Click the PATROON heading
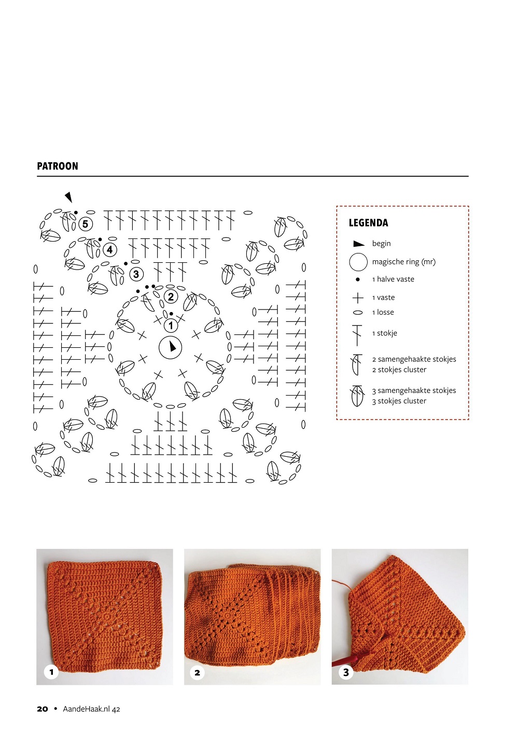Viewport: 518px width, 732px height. point(58,166)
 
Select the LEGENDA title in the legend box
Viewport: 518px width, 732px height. point(368,223)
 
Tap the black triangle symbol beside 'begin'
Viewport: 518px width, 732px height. point(358,244)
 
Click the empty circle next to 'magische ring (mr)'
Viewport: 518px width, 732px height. point(358,262)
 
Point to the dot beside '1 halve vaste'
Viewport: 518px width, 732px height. point(358,279)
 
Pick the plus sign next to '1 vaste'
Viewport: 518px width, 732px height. point(358,298)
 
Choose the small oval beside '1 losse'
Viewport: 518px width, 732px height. point(358,313)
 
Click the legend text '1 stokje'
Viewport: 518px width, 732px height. point(384,333)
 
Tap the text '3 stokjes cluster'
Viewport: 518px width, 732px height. point(399,401)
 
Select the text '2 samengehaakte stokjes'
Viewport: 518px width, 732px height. point(414,359)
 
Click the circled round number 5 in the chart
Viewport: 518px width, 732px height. point(86,224)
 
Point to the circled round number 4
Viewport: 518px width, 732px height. point(109,250)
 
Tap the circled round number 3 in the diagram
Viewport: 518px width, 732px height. point(136,274)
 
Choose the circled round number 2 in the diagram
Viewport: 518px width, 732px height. point(171,297)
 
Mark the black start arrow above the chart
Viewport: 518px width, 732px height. point(68,197)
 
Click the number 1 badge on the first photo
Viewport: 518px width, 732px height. point(51,672)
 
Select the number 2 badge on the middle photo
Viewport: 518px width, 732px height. point(197,672)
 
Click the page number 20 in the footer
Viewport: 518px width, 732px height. point(43,709)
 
